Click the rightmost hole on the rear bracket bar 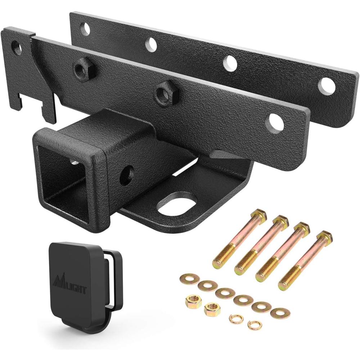326,86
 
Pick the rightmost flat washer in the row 280,312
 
